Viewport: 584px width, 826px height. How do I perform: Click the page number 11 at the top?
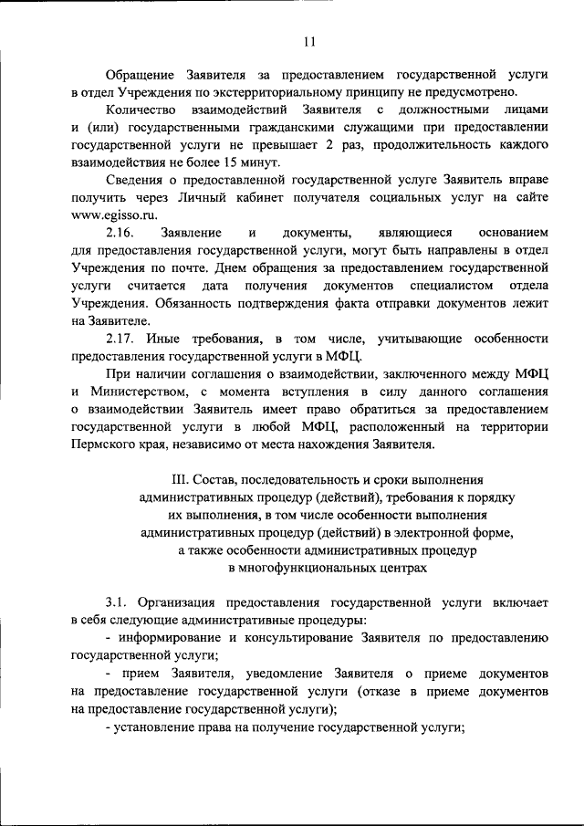308,41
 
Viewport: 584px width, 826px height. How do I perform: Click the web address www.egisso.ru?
113,214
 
